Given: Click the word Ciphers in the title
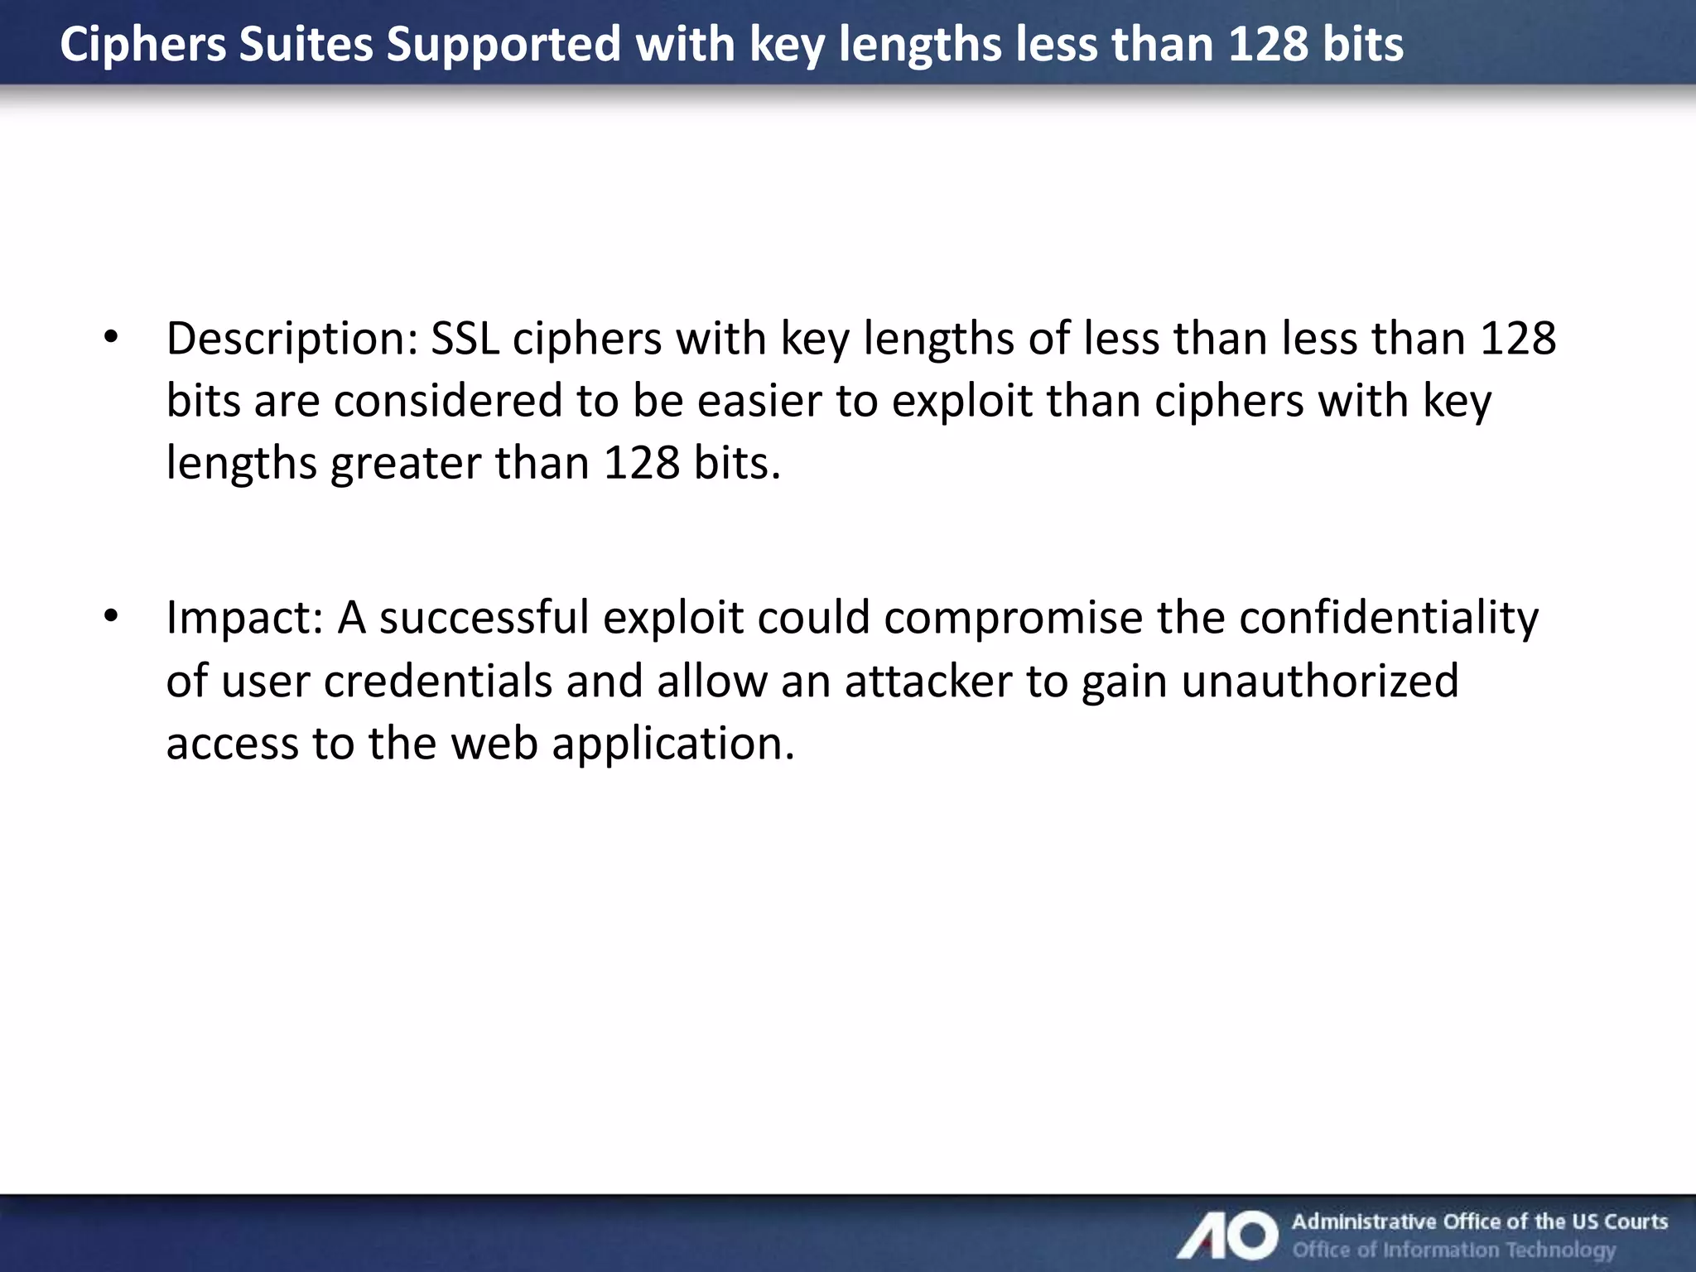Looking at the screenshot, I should click(x=142, y=45).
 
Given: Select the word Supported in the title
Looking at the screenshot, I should click(x=503, y=45).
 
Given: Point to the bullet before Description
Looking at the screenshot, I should click(x=112, y=338).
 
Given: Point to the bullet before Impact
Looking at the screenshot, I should click(x=112, y=617).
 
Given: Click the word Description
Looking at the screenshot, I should click(x=292, y=340).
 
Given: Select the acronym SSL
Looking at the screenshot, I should click(x=465, y=340).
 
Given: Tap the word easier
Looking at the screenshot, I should click(x=759, y=402).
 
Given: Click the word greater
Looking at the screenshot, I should click(x=406, y=464).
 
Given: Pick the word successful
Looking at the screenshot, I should click(x=484, y=619).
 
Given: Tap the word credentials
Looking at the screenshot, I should click(x=438, y=682).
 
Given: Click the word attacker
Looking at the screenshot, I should click(x=927, y=682).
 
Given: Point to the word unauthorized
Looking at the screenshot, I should click(x=1319, y=682).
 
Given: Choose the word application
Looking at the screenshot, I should click(x=672, y=744).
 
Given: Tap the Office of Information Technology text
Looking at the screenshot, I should click(x=1454, y=1250).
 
